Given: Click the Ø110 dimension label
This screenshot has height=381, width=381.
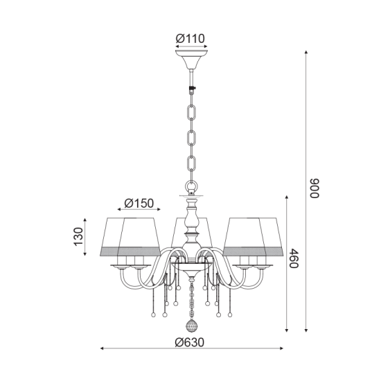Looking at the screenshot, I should (x=190, y=39).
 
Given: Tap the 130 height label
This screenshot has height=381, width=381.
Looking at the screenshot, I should (x=78, y=238).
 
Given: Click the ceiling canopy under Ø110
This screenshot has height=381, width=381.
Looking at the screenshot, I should (x=190, y=58).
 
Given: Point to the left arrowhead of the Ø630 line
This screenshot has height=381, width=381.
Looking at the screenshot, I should (x=103, y=348).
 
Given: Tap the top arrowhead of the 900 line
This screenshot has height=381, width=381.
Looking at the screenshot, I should (x=307, y=51).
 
